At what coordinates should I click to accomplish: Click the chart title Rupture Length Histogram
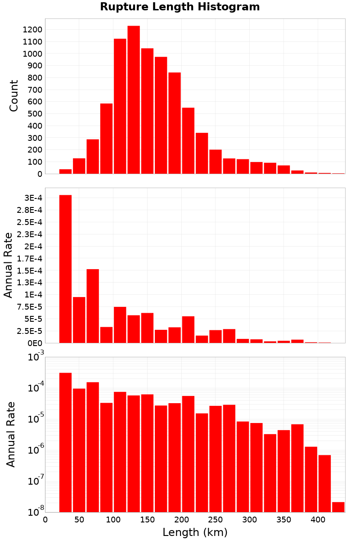pyautogui.click(x=180, y=7)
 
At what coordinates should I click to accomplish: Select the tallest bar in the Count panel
pyautogui.click(x=134, y=99)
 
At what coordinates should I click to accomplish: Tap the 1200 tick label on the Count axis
pyautogui.click(x=32, y=30)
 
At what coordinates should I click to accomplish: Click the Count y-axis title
pyautogui.click(x=14, y=96)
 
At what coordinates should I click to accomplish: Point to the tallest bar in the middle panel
pyautogui.click(x=65, y=269)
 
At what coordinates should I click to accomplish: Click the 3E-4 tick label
pyautogui.click(x=33, y=198)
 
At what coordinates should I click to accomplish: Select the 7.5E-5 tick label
pyautogui.click(x=29, y=307)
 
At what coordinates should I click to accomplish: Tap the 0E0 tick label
pyautogui.click(x=35, y=343)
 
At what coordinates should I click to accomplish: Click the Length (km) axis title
pyautogui.click(x=195, y=532)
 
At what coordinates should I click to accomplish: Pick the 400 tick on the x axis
pyautogui.click(x=318, y=520)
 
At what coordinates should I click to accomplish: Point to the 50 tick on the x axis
pyautogui.click(x=79, y=520)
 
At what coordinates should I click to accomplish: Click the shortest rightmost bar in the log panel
pyautogui.click(x=338, y=507)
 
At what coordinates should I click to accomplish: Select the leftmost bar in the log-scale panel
pyautogui.click(x=65, y=442)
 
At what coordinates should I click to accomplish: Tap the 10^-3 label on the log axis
pyautogui.click(x=36, y=356)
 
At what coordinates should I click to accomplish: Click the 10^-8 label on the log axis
pyautogui.click(x=36, y=512)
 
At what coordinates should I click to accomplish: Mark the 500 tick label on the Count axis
pyautogui.click(x=35, y=114)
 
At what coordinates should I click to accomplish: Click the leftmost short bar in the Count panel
pyautogui.click(x=65, y=171)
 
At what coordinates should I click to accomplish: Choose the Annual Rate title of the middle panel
pyautogui.click(x=8, y=265)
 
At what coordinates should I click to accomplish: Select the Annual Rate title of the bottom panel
pyautogui.click(x=10, y=434)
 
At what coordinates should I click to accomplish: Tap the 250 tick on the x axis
pyautogui.click(x=216, y=520)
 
